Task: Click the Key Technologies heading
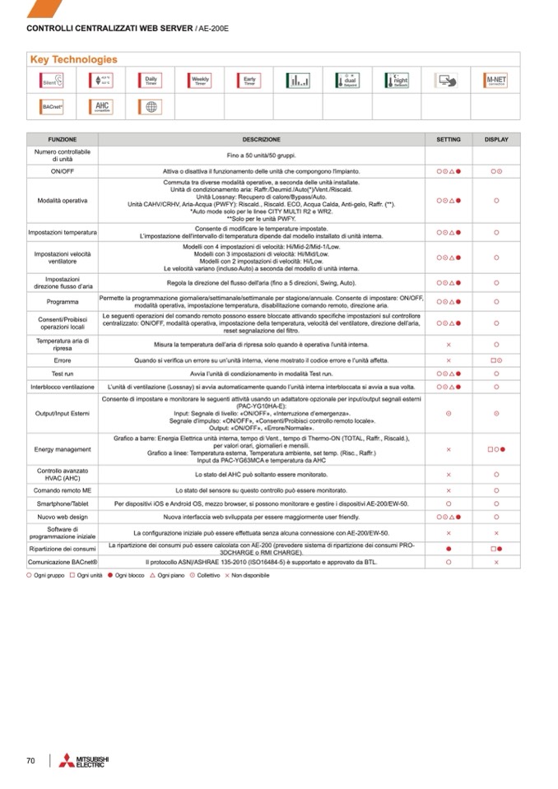click(x=74, y=59)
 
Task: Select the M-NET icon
click(x=496, y=81)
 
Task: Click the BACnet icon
click(x=52, y=107)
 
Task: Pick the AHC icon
click(x=101, y=107)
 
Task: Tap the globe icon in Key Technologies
click(x=151, y=107)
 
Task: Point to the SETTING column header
click(x=449, y=140)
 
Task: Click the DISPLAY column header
click(x=496, y=140)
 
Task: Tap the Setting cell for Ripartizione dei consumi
click(x=449, y=547)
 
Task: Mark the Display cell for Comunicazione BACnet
click(x=496, y=562)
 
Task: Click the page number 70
click(x=30, y=760)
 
